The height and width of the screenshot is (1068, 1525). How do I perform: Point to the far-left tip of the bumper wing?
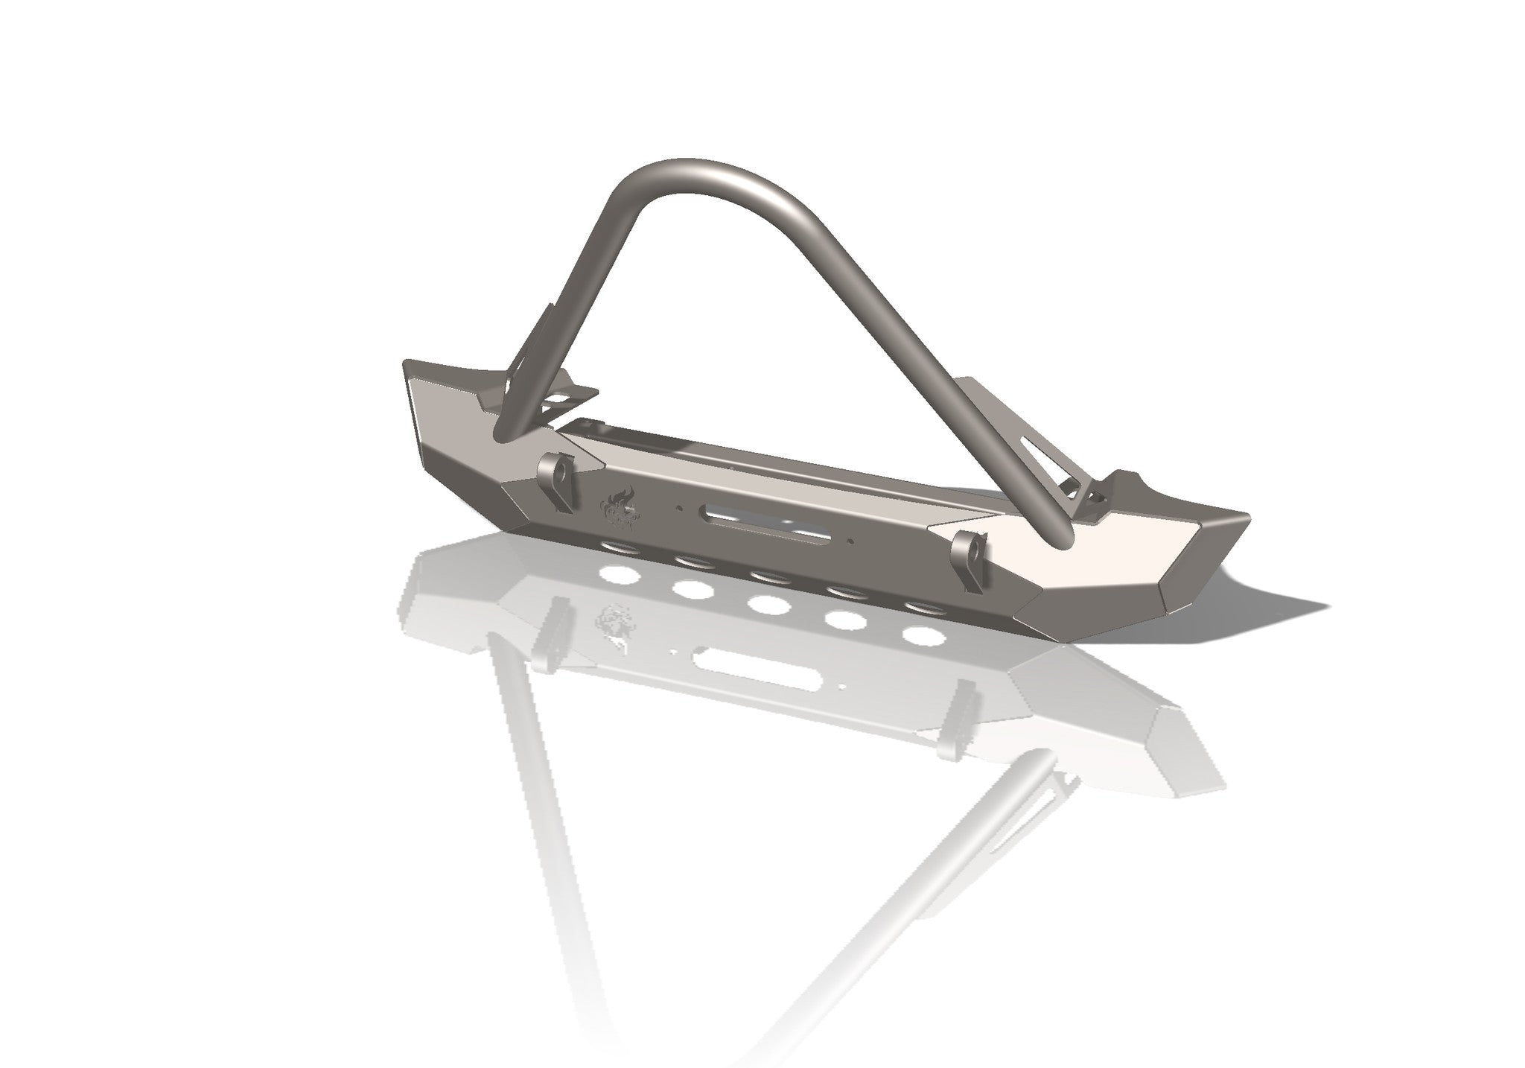(x=407, y=366)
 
